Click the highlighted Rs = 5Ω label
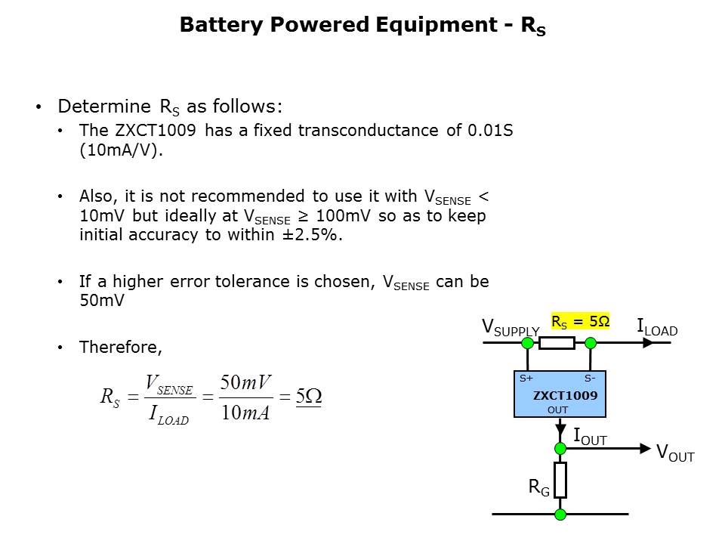click(x=580, y=321)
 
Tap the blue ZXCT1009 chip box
click(x=560, y=394)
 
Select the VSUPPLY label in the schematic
click(x=511, y=327)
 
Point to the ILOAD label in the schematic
click(x=657, y=327)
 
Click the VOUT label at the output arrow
click(x=675, y=453)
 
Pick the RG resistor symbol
click(x=560, y=480)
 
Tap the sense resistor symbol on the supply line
click(x=557, y=343)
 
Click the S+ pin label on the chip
click(x=526, y=379)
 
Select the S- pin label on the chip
click(x=590, y=379)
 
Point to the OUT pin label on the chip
click(x=557, y=410)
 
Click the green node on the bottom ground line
click(x=560, y=514)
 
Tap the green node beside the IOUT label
click(x=560, y=448)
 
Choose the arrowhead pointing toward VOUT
click(x=645, y=448)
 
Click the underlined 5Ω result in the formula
click(x=308, y=397)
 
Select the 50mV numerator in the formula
click(x=245, y=382)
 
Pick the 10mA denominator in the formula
click(x=245, y=413)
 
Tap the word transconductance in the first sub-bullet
click(x=368, y=131)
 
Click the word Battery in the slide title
click(x=221, y=24)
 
